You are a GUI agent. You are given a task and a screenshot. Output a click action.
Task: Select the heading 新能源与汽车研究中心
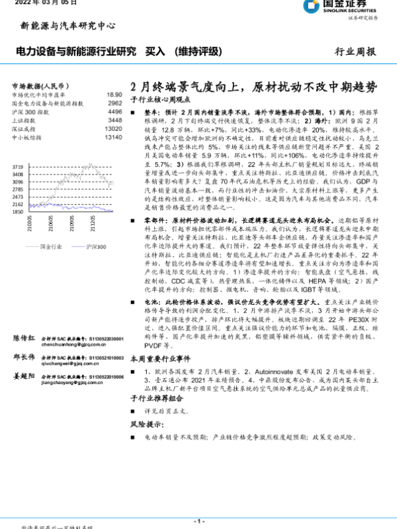pyautogui.click(x=64, y=26)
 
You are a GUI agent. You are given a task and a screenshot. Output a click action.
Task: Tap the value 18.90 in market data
pyautogui.click(x=114, y=95)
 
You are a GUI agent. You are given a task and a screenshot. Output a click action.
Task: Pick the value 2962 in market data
pyautogui.click(x=114, y=104)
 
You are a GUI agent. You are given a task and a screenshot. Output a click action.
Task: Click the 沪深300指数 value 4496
pyautogui.click(x=114, y=112)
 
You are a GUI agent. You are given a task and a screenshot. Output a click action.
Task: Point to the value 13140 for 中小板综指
pyautogui.click(x=113, y=138)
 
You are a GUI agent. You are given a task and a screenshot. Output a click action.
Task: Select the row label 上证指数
pyautogui.click(x=25, y=121)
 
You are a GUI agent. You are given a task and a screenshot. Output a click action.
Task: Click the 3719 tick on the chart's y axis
pyautogui.click(x=18, y=167)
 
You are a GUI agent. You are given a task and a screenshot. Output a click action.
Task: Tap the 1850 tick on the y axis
pyautogui.click(x=18, y=212)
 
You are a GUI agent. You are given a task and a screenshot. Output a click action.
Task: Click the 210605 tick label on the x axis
pyautogui.click(x=50, y=224)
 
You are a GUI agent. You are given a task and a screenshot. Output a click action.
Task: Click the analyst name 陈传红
pyautogui.click(x=24, y=337)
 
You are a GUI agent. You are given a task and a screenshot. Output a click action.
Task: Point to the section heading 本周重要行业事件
pyautogui.click(x=157, y=359)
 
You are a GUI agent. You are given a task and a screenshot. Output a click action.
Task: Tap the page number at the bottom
pyautogui.click(x=198, y=522)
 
